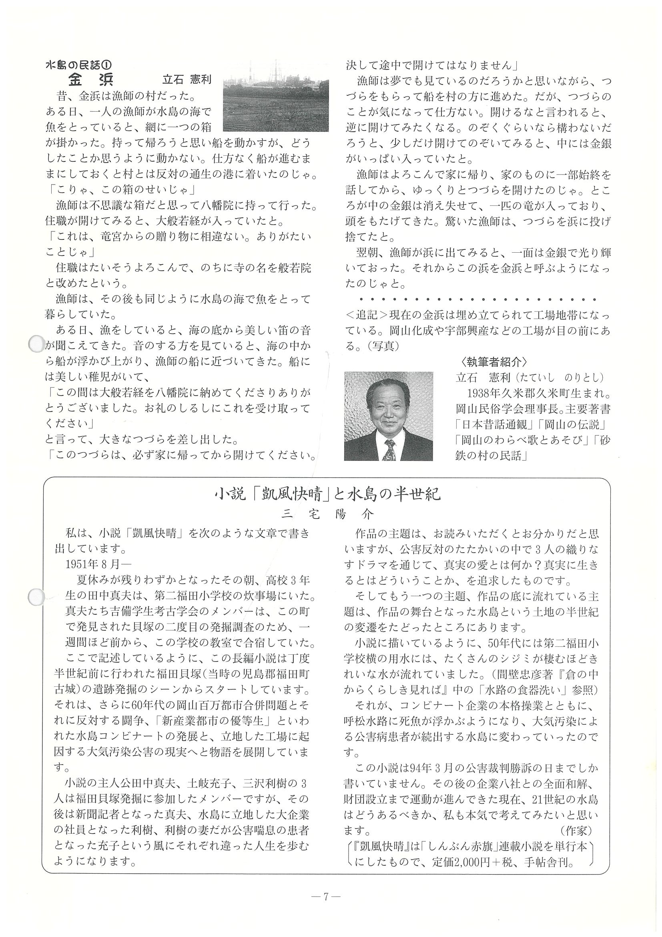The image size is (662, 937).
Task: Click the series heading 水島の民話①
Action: [x=78, y=65]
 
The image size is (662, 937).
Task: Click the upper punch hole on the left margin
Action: [x=36, y=344]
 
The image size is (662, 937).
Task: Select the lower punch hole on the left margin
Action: [x=36, y=596]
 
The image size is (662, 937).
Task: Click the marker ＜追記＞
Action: [x=366, y=316]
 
